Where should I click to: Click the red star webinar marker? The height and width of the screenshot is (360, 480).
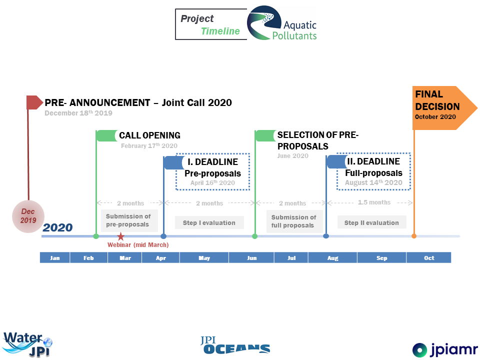[x=121, y=236]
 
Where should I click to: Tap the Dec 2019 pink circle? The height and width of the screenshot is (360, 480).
[x=28, y=216]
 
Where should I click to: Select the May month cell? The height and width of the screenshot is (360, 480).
[x=204, y=258]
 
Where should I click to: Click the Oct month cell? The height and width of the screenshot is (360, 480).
[x=429, y=258]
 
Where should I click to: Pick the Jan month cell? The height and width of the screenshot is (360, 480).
[x=55, y=258]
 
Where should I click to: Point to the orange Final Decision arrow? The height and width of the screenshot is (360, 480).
[x=444, y=108]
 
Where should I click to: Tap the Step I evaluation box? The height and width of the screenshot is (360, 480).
[x=209, y=222]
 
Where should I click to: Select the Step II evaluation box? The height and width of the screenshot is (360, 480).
[x=371, y=222]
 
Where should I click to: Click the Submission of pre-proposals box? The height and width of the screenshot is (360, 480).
[x=129, y=220]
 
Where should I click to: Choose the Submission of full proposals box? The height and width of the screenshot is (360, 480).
[x=294, y=221]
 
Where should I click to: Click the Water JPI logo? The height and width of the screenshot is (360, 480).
[x=27, y=344]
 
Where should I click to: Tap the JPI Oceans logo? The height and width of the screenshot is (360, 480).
[x=235, y=345]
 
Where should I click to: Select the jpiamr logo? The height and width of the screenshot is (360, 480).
[x=445, y=349]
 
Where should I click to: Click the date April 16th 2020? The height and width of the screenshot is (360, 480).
[x=212, y=183]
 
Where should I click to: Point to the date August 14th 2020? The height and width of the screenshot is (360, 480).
[x=373, y=182]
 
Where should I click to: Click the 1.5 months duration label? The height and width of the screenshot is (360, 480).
[x=374, y=202]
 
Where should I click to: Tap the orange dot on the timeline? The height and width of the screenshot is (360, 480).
[x=414, y=236]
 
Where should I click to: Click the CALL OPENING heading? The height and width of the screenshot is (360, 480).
[x=149, y=135]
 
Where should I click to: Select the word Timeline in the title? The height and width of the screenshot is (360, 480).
[x=220, y=31]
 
